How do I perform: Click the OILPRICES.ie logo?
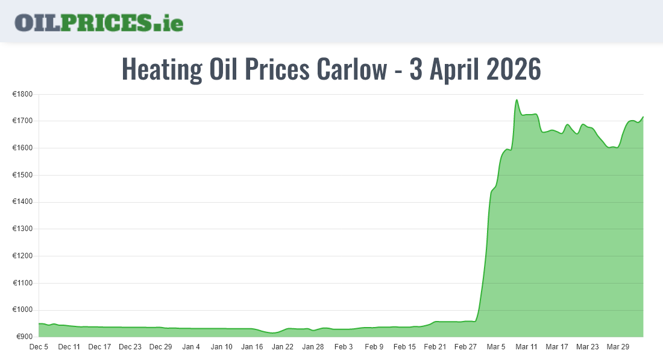pos(99,22)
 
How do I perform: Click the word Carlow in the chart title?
pos(350,69)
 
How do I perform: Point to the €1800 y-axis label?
pos(24,94)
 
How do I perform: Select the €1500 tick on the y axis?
pos(24,175)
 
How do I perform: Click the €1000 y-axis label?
pos(24,310)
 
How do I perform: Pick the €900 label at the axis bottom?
pos(26,337)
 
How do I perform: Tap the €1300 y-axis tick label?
pos(24,229)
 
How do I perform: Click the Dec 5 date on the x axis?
pos(39,347)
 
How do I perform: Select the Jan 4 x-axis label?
pos(191,347)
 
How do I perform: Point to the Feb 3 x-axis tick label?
pos(344,347)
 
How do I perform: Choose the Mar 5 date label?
pos(496,347)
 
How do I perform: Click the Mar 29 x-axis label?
pos(618,347)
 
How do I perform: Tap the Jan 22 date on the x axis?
pos(282,347)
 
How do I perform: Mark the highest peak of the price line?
pos(517,100)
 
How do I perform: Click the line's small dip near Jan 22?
pos(273,332)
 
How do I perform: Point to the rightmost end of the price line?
pos(643,117)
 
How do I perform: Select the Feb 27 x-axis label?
pos(465,347)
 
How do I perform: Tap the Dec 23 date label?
pos(130,347)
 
